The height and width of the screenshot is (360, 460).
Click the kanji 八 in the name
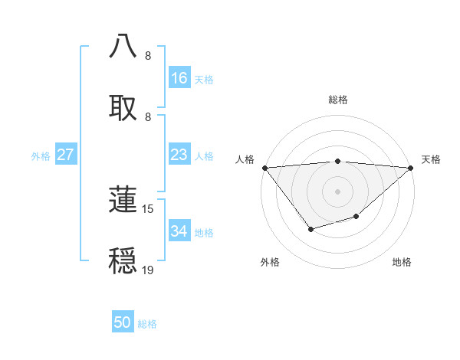(123, 45)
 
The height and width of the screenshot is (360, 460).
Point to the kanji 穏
(123, 260)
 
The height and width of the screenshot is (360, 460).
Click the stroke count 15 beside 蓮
(148, 208)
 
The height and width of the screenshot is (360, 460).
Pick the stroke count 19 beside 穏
(148, 270)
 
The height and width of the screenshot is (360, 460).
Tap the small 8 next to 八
(147, 55)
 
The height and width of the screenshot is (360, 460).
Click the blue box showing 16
(179, 78)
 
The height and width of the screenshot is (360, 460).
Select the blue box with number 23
(179, 155)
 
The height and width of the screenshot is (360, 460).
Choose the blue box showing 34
(179, 231)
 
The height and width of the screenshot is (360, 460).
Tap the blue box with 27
(65, 155)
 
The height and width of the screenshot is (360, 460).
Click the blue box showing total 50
(122, 322)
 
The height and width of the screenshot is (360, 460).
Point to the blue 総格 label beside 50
(147, 324)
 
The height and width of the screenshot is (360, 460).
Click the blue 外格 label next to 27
(41, 156)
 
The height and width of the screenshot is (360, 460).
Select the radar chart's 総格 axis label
(338, 100)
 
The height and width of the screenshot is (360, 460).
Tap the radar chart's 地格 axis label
(402, 262)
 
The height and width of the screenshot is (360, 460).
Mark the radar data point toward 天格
(411, 168)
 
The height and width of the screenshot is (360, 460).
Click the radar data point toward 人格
(264, 168)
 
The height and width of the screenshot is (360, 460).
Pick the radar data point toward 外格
(310, 229)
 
